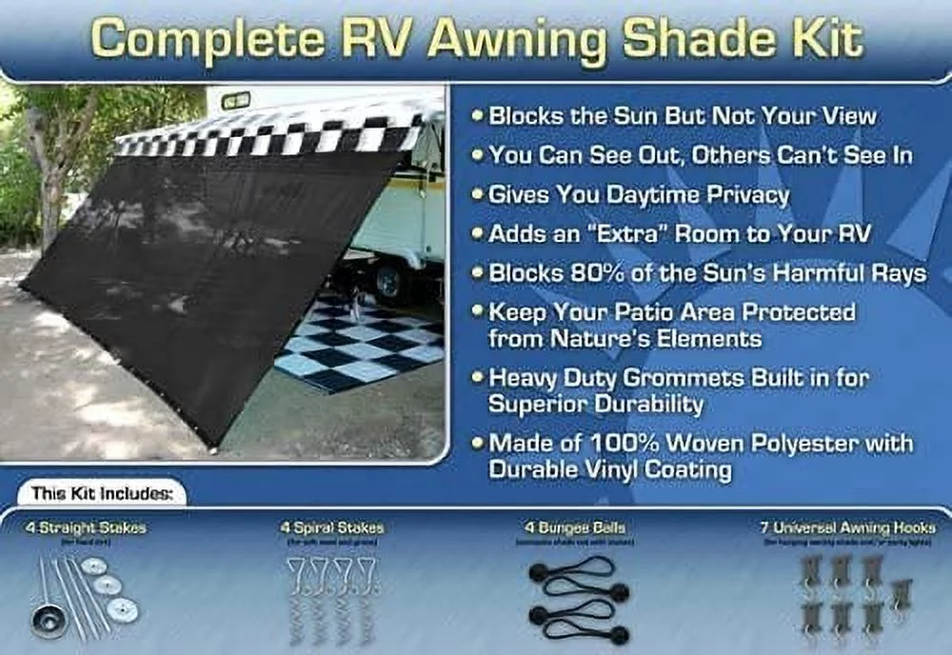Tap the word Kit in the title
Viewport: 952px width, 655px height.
point(825,40)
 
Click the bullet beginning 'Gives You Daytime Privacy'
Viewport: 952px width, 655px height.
point(638,195)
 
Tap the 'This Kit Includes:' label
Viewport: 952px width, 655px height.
point(102,494)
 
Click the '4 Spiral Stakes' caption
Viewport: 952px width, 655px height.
point(332,527)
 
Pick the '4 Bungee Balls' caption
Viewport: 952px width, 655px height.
point(567,527)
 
